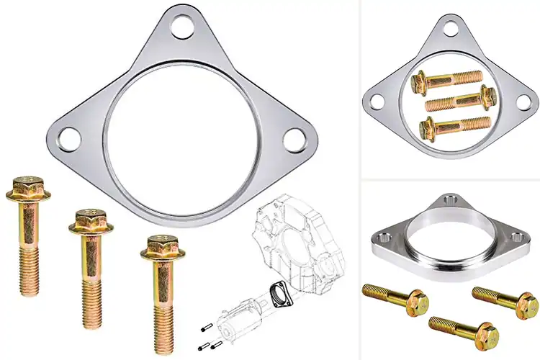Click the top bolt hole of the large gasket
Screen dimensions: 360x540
click(x=184, y=27)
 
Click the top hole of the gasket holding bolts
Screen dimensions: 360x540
click(x=450, y=28)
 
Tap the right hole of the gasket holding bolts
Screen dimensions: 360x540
click(x=523, y=102)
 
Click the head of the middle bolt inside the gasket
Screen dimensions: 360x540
click(x=491, y=96)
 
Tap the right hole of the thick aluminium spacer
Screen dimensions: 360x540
click(x=516, y=235)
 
